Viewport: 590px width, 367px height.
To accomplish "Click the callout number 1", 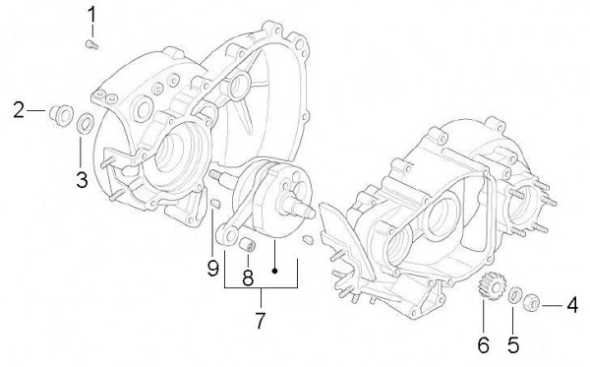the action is [x=92, y=15].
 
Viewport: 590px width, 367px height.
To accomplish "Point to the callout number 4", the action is [x=571, y=306].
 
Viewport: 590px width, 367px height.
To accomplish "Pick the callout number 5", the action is [x=511, y=344].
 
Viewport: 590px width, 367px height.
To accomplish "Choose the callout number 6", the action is [x=483, y=344].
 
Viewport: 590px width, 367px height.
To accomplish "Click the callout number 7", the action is [x=262, y=322].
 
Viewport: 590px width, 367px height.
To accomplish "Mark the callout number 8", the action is [x=248, y=276].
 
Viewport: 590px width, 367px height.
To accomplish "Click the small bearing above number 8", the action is [x=250, y=244].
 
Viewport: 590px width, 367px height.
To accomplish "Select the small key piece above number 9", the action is [x=213, y=204].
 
